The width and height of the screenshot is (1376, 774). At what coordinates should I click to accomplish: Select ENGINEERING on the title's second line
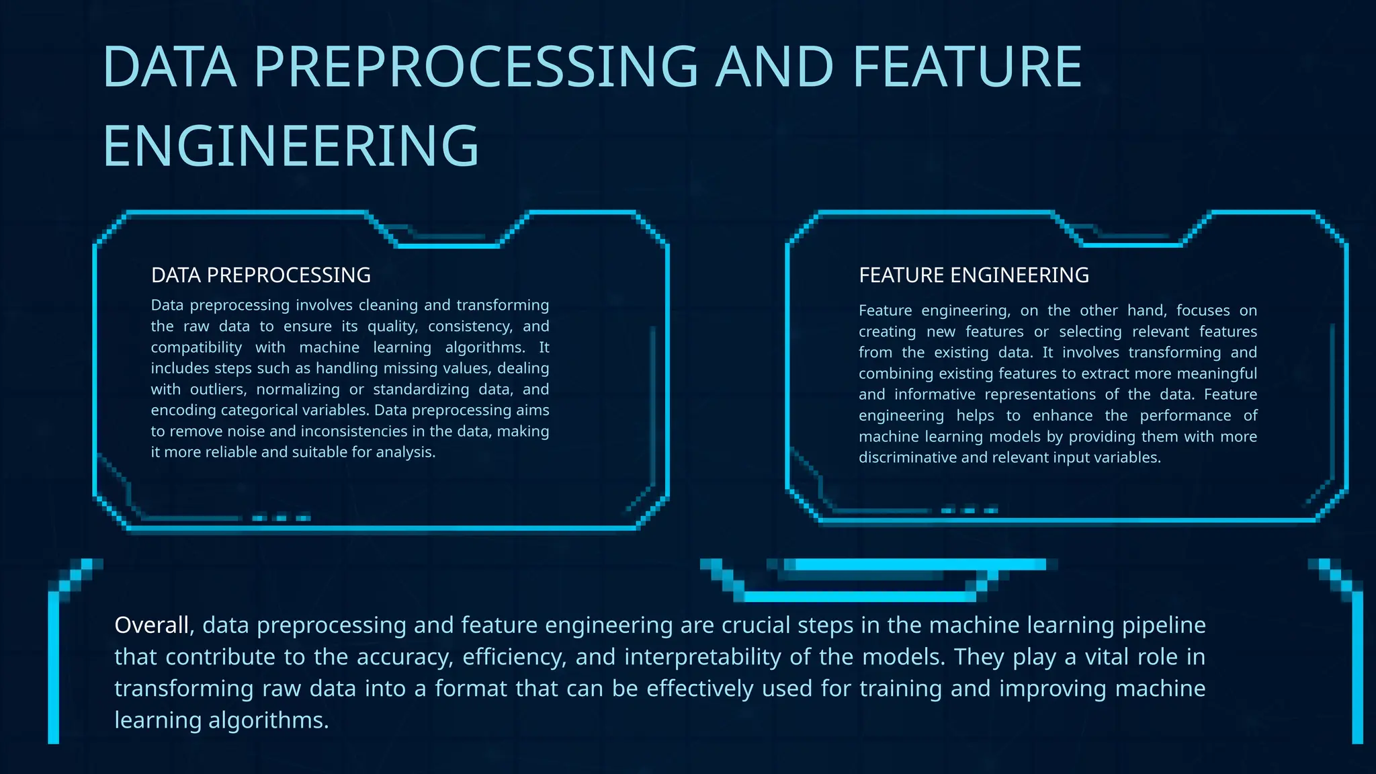click(x=290, y=146)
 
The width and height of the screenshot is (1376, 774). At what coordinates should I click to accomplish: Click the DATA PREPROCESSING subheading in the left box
click(x=261, y=275)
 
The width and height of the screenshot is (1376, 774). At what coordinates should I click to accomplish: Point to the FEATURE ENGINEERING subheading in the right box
click(x=974, y=275)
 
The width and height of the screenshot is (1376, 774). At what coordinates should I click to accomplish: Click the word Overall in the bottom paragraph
click(x=154, y=626)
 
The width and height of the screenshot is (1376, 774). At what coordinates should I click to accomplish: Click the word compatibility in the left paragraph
click(x=196, y=347)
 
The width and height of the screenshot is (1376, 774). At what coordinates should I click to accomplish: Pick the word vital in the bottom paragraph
click(x=1103, y=657)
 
